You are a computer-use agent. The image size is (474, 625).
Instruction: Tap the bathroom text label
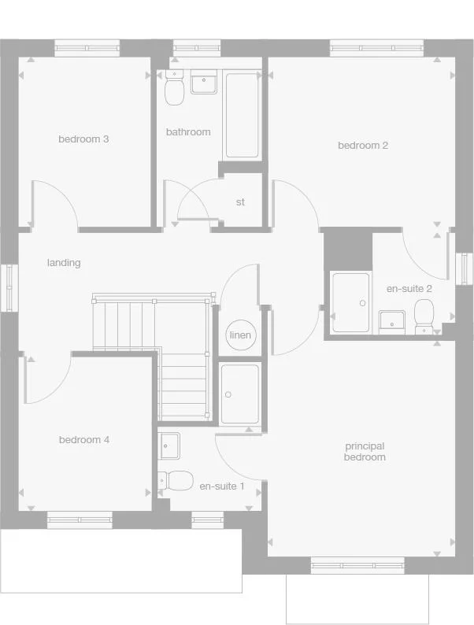pyautogui.click(x=188, y=132)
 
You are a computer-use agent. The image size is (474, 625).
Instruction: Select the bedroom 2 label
pyautogui.click(x=363, y=146)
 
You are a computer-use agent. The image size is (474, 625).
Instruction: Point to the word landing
pyautogui.click(x=64, y=263)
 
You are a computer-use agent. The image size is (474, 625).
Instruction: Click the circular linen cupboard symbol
pyautogui.click(x=240, y=335)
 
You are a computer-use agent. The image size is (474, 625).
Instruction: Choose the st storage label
pyautogui.click(x=240, y=202)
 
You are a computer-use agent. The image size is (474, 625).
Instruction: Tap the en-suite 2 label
pyautogui.click(x=409, y=289)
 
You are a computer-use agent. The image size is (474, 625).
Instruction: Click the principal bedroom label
pyautogui.click(x=365, y=452)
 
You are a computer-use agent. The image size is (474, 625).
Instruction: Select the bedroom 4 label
pyautogui.click(x=84, y=440)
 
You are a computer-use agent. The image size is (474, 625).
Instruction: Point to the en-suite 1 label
pyautogui.click(x=222, y=486)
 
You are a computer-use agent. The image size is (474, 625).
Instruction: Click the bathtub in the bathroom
pyautogui.click(x=242, y=116)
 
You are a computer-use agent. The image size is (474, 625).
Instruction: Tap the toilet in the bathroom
pyautogui.click(x=174, y=90)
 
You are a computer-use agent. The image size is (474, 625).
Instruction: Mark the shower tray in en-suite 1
pyautogui.click(x=239, y=394)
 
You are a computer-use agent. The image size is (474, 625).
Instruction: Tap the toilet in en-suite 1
pyautogui.click(x=177, y=479)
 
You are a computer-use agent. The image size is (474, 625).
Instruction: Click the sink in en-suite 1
pyautogui.click(x=168, y=446)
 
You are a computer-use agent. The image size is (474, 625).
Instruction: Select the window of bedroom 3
pyautogui.click(x=87, y=48)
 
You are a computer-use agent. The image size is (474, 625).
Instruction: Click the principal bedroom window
pyautogui.click(x=358, y=564)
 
